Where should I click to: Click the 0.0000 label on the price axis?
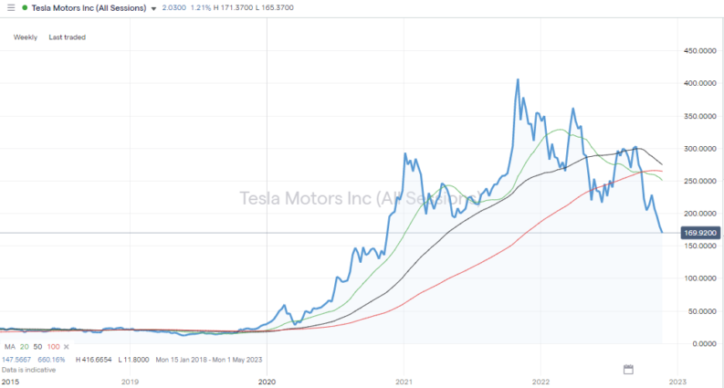[700, 343]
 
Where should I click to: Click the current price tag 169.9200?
[699, 233]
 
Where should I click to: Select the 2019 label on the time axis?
[130, 382]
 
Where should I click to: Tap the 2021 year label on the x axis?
[404, 382]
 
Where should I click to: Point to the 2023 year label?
[677, 382]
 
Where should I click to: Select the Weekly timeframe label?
[25, 37]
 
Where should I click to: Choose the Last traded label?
[67, 37]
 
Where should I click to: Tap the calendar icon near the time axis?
[628, 369]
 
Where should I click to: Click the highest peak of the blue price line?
[518, 79]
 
